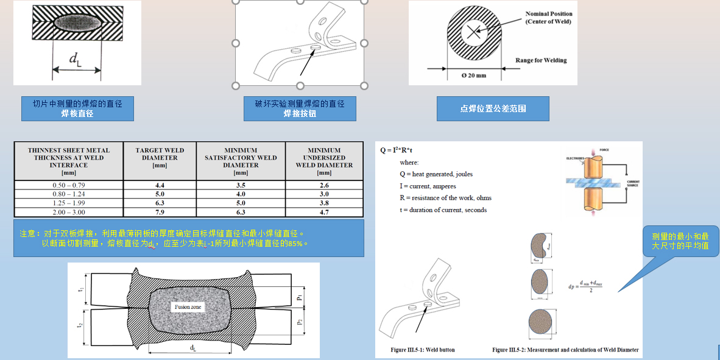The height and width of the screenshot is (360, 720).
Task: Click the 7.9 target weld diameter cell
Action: pos(160,212)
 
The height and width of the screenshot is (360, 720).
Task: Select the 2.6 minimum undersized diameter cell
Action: pos(324,185)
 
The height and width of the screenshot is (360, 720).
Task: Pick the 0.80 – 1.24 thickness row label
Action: pos(68,194)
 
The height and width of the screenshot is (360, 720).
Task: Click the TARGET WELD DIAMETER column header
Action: pos(160,157)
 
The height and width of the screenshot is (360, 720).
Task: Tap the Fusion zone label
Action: pos(188,307)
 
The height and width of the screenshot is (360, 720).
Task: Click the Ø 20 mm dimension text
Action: pos(473,75)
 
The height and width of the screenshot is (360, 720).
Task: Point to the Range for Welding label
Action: pos(540,60)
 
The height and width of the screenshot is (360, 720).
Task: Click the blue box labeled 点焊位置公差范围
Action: pos(493,109)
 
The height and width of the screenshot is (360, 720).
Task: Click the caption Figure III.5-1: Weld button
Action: pos(422,350)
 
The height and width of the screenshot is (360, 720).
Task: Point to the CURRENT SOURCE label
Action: pos(633,183)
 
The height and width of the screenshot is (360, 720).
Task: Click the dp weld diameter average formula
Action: pos(588,286)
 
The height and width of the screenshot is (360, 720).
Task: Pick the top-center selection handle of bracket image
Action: pos(300,2)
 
